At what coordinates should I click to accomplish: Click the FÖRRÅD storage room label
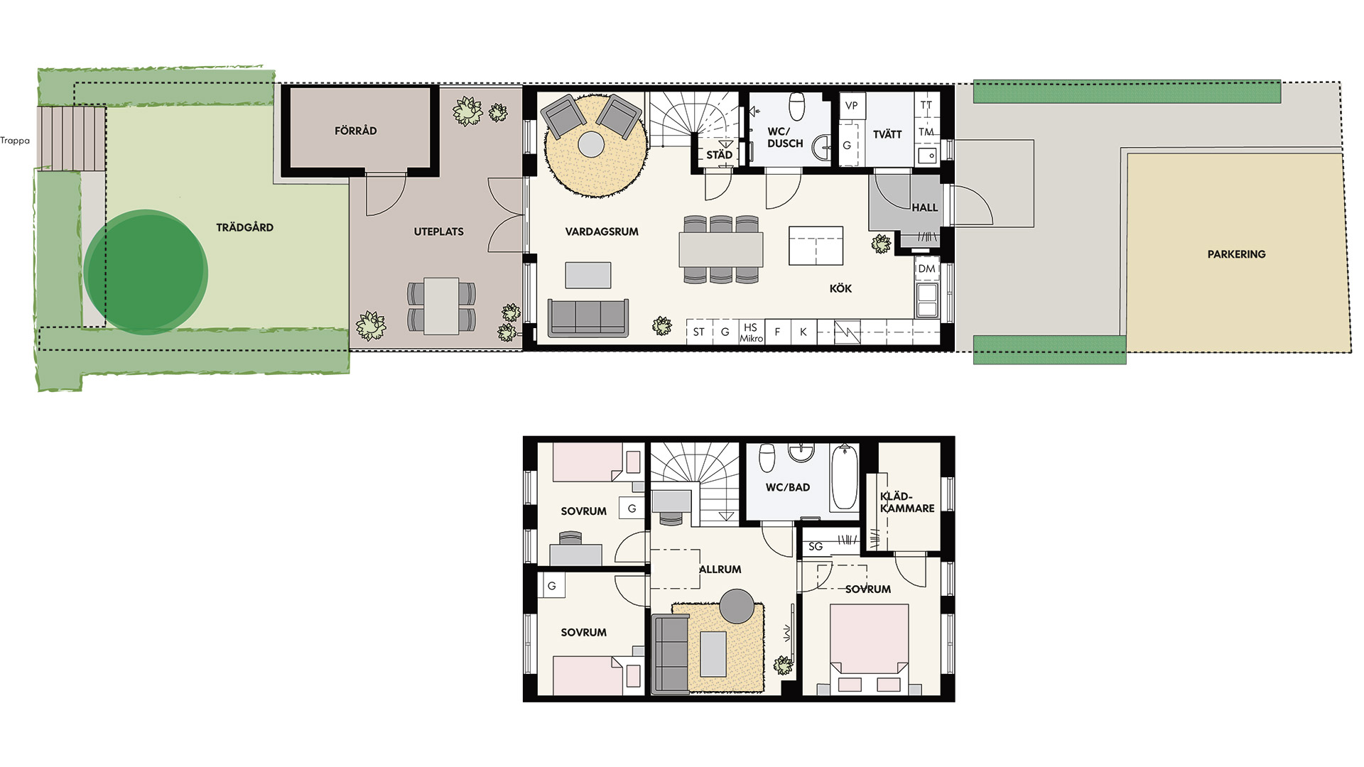pyautogui.click(x=355, y=131)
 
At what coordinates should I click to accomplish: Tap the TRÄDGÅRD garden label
pyautogui.click(x=244, y=227)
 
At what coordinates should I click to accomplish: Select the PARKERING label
pyautogui.click(x=1236, y=254)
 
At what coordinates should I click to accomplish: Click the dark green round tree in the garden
pyautogui.click(x=146, y=271)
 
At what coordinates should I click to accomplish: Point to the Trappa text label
pyautogui.click(x=15, y=141)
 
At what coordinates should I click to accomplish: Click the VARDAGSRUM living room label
pyautogui.click(x=602, y=232)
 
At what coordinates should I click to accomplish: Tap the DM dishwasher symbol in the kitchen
pyautogui.click(x=926, y=268)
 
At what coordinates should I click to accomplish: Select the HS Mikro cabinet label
pyautogui.click(x=751, y=332)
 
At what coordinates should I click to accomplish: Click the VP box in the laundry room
pyautogui.click(x=852, y=106)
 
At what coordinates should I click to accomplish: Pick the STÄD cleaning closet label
pyautogui.click(x=719, y=155)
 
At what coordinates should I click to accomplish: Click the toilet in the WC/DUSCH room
pyautogui.click(x=797, y=107)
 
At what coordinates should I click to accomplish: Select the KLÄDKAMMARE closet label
pyautogui.click(x=907, y=502)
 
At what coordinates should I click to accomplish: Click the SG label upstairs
pyautogui.click(x=816, y=546)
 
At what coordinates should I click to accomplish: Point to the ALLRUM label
pyautogui.click(x=720, y=570)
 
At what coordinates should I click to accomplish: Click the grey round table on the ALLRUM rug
pyautogui.click(x=737, y=606)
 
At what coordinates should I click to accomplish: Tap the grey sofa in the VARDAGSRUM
pyautogui.click(x=588, y=317)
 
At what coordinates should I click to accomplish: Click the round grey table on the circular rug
pyautogui.click(x=591, y=145)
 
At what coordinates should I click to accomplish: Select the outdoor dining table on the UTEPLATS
pyautogui.click(x=441, y=306)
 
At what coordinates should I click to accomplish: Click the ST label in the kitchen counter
pyautogui.click(x=699, y=332)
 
